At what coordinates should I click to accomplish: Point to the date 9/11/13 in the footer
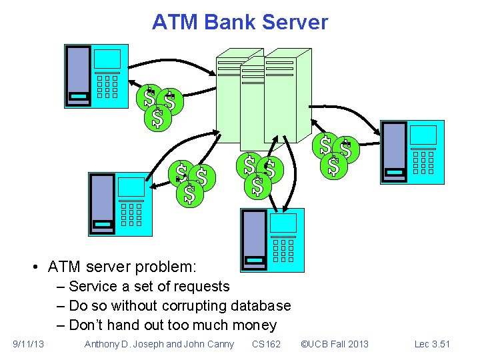pyautogui.click(x=29, y=344)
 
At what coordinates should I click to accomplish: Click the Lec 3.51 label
pyautogui.click(x=432, y=344)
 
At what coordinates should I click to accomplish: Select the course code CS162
pyautogui.click(x=266, y=344)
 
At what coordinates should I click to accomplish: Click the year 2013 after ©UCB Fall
pyautogui.click(x=357, y=344)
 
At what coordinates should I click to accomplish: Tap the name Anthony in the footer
pyautogui.click(x=103, y=344)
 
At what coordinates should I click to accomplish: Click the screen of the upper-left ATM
pyautogui.click(x=107, y=59)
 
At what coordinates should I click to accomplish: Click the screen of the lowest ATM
pyautogui.click(x=284, y=223)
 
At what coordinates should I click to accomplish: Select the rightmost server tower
pyautogui.click(x=287, y=97)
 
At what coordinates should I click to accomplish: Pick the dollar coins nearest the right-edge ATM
pyautogui.click(x=335, y=156)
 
